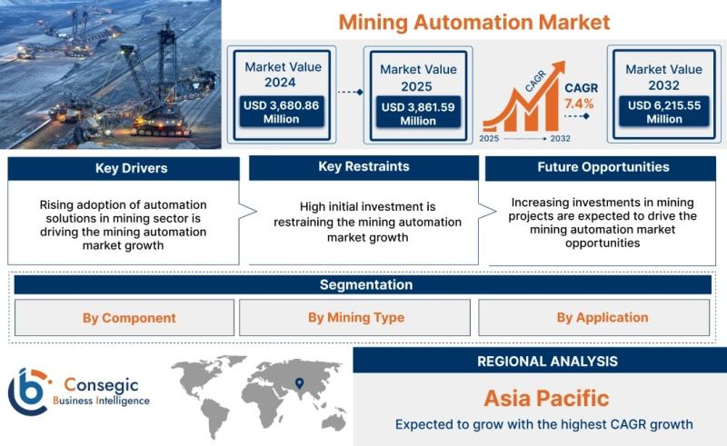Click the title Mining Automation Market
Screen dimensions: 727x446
(x=473, y=22)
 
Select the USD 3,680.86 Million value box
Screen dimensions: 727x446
(x=282, y=112)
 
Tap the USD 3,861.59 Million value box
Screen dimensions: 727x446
(x=418, y=114)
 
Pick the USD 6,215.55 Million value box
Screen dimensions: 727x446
(x=664, y=112)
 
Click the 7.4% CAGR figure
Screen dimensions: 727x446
(x=579, y=104)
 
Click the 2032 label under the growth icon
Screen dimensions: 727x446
(x=560, y=138)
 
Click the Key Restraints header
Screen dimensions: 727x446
(x=363, y=167)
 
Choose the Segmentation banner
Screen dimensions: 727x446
(x=363, y=284)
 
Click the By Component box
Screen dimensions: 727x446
(x=124, y=318)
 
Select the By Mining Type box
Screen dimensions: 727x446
(x=354, y=318)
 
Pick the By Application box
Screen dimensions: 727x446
(x=594, y=318)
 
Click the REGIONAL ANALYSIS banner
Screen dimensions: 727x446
(x=540, y=361)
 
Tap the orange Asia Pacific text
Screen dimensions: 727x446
(x=547, y=398)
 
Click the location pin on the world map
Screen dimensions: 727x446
(x=300, y=383)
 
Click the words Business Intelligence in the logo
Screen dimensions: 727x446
(x=101, y=401)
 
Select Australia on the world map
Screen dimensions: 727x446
(x=334, y=421)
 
